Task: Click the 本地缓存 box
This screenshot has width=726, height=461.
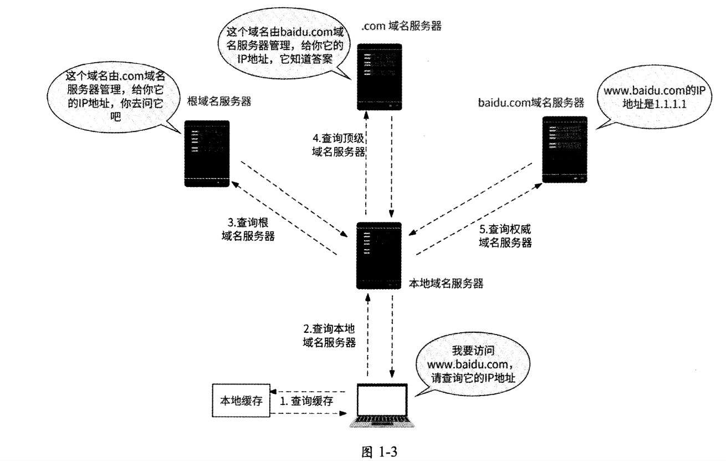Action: (x=241, y=401)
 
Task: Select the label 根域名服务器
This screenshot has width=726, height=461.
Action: (x=220, y=101)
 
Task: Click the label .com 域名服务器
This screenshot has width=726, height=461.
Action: (x=401, y=26)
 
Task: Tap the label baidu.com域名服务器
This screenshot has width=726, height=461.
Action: (x=530, y=102)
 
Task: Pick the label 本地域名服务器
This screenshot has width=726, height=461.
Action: (x=446, y=283)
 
